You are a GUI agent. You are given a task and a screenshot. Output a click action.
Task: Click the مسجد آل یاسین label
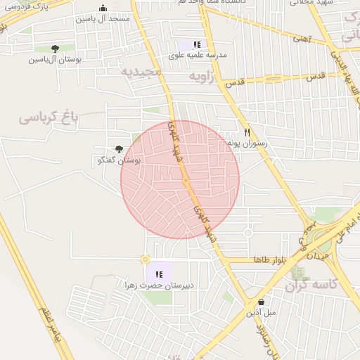103,19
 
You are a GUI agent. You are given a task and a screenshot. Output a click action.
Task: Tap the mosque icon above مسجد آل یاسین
103,8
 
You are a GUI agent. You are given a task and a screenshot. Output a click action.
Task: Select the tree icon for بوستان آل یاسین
55,49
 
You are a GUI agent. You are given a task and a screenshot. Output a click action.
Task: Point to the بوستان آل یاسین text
56,60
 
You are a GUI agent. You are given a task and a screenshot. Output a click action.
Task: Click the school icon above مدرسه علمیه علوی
197,44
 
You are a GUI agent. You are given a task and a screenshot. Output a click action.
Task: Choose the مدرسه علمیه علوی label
198,54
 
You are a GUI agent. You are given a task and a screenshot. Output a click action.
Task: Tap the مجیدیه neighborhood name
141,72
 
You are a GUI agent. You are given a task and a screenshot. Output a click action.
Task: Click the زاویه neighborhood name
199,74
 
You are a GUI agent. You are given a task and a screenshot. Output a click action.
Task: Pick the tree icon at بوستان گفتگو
118,148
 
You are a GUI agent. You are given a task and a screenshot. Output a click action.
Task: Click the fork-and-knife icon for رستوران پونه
247,132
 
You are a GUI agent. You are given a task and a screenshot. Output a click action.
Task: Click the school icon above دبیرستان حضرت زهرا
159,274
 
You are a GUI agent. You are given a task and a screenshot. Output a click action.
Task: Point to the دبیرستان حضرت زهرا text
158,285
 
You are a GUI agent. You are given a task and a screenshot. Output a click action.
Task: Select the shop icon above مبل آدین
261,302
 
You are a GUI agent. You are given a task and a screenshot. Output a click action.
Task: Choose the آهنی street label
301,39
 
